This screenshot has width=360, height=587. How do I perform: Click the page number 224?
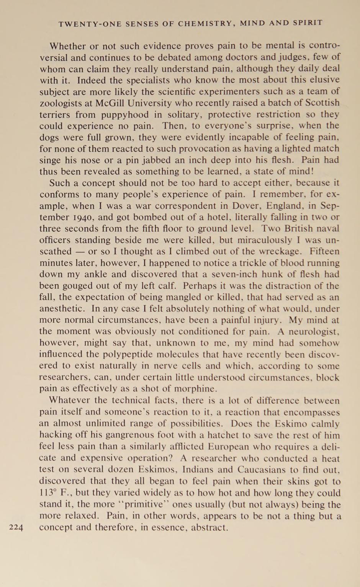(16, 528)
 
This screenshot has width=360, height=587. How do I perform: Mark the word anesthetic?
(61, 309)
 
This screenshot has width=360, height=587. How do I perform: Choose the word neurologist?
(313, 331)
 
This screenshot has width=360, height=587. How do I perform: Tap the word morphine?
(195, 389)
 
